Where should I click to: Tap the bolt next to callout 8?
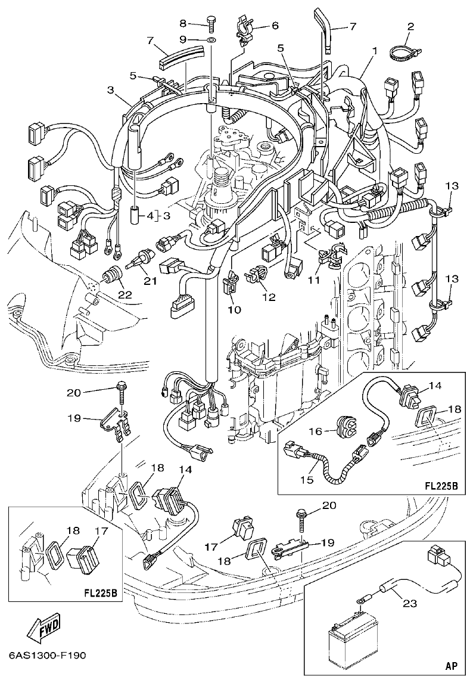pos(211,23)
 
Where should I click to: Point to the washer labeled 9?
pos(211,40)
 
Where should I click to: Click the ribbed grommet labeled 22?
pos(111,277)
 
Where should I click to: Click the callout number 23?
pos(409,603)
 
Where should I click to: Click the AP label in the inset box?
pos(452,666)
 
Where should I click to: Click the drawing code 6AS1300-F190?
pos(48,656)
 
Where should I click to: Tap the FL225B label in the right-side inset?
pos(440,486)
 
